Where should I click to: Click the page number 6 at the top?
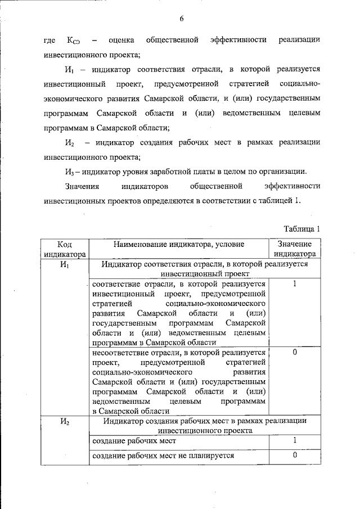(x=182, y=19)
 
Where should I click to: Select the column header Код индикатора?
(x=65, y=249)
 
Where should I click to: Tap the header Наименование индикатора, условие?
(x=179, y=244)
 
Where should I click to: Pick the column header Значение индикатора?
(x=295, y=249)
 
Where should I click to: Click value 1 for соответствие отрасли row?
(x=295, y=284)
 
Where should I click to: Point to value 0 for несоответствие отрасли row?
(x=295, y=352)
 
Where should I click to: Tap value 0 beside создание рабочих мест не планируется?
(x=295, y=456)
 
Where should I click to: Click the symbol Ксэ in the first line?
(x=74, y=40)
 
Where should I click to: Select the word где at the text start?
(x=49, y=40)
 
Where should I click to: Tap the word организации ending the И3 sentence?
(x=281, y=170)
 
